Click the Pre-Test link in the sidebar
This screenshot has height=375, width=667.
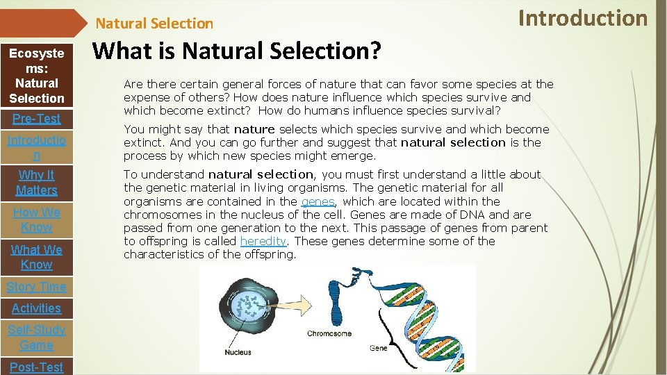[36, 119]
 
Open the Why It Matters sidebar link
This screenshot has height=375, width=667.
[36, 183]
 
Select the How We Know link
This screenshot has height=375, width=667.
[36, 219]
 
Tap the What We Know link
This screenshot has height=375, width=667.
[36, 257]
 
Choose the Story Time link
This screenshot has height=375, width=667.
[36, 287]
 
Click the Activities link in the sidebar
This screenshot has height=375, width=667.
[36, 308]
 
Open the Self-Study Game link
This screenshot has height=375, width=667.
[36, 337]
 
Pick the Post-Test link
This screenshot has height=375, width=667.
[36, 367]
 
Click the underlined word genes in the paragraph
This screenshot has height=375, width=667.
[318, 201]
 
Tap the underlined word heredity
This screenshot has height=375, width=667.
[263, 241]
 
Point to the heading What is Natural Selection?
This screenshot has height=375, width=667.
[237, 50]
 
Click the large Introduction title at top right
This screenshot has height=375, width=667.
[583, 18]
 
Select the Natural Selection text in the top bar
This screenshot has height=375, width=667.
[154, 24]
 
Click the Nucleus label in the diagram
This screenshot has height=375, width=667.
[238, 352]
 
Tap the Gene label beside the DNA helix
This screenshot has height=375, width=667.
[379, 347]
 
